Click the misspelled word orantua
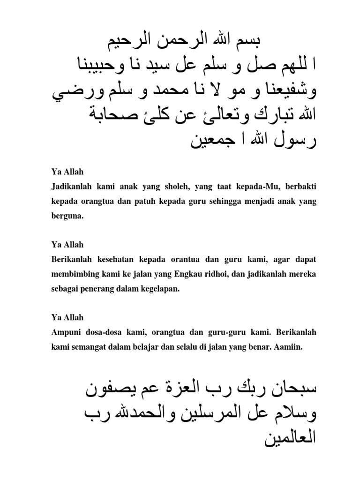click(x=203, y=259)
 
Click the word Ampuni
click(x=65, y=332)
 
